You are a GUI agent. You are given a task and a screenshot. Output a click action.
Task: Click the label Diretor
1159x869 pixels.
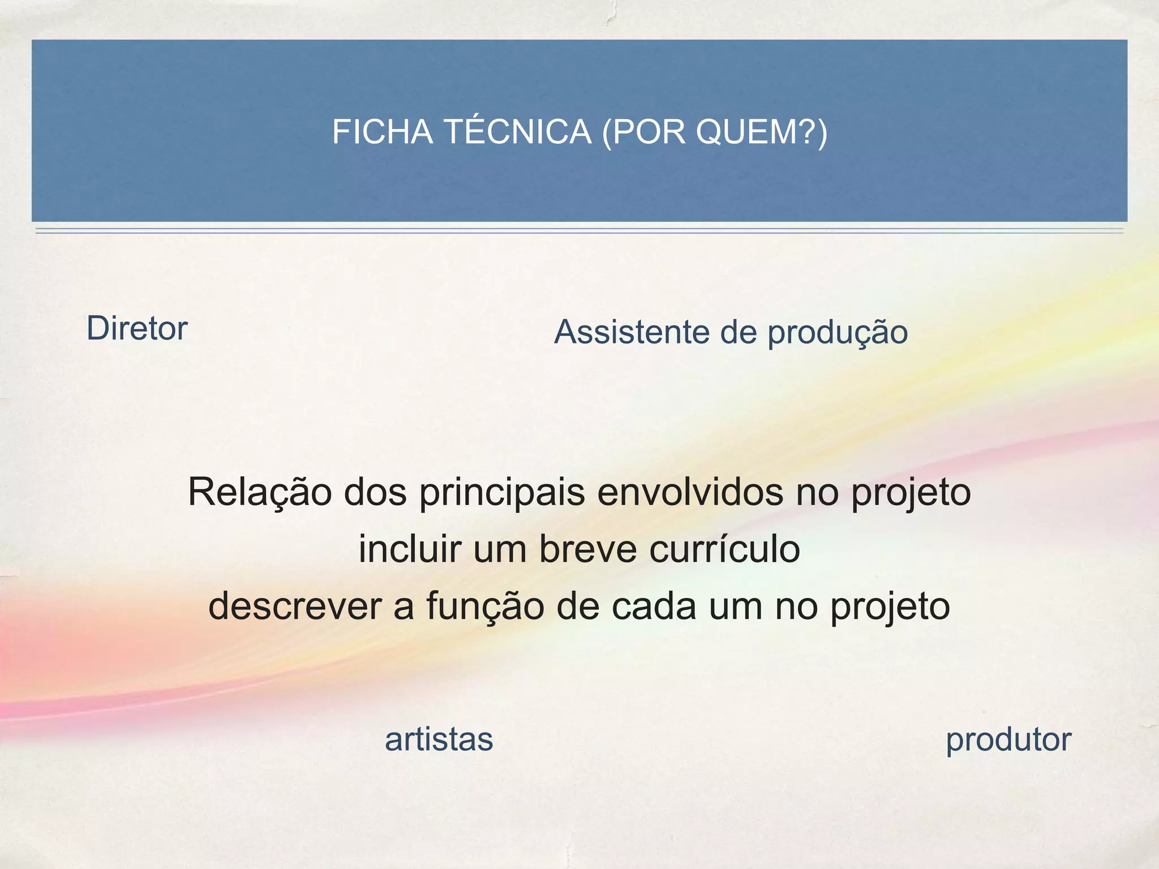tap(136, 328)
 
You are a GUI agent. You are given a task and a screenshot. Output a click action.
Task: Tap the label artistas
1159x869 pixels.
tap(439, 739)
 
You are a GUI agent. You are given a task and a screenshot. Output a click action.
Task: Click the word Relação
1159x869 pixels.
tap(260, 492)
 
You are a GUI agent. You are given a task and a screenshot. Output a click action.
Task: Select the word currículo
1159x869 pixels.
tap(724, 548)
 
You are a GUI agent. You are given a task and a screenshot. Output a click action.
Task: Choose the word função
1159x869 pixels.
tap(484, 606)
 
